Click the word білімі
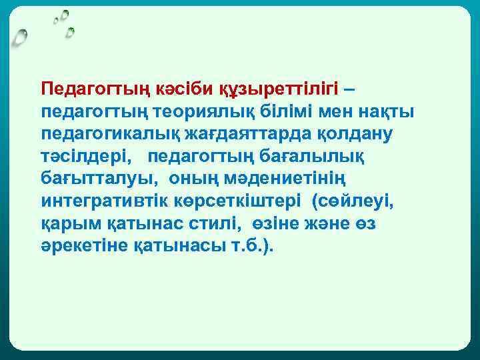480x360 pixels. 305,111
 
